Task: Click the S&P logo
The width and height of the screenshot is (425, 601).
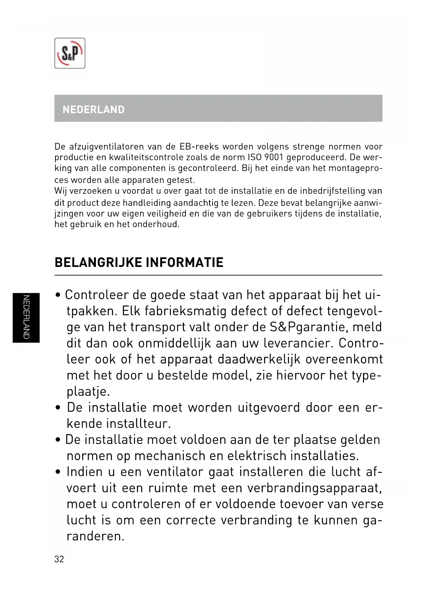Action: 70,53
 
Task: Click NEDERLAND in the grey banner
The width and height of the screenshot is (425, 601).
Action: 93,110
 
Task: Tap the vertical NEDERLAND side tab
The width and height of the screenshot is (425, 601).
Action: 26,317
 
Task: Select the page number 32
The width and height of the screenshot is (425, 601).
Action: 59,559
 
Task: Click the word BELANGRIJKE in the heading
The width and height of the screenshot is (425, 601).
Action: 98,262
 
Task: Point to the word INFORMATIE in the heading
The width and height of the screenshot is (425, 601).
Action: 185,262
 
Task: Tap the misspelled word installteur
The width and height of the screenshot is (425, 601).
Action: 138,424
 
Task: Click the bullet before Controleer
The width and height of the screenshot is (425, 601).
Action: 58,295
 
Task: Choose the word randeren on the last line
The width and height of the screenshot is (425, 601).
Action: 96,536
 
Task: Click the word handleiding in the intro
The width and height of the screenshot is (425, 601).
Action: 147,203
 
